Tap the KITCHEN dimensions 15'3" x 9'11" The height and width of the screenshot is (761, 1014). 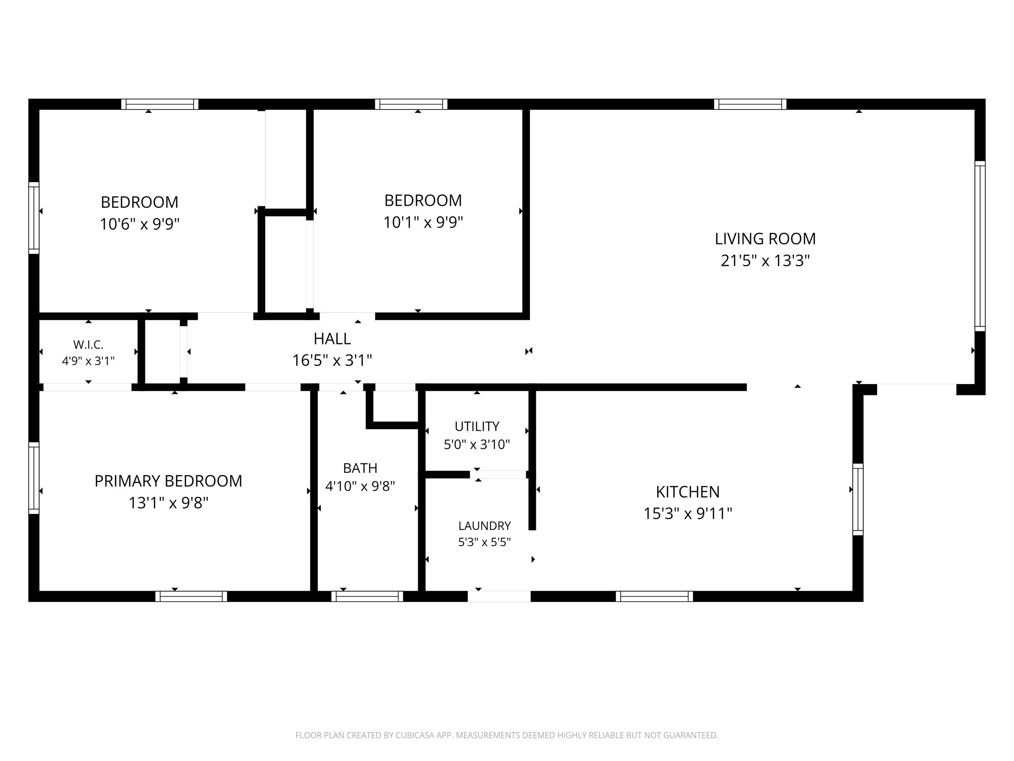click(688, 513)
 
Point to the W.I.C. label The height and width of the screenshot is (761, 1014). click(88, 344)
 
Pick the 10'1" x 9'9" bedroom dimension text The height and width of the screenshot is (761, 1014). click(423, 222)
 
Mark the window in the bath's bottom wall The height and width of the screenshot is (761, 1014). click(367, 596)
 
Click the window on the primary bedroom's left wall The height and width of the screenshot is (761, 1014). click(33, 478)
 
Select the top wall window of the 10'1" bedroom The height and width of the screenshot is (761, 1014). click(411, 104)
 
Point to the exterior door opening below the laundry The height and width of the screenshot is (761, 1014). click(499, 596)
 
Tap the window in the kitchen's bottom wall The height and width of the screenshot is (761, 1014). click(654, 596)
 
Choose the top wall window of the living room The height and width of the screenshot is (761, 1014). click(750, 104)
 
